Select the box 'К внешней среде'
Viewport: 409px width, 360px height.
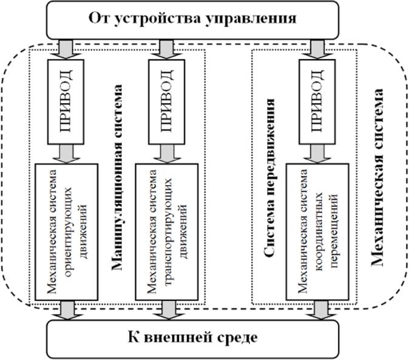(x=192, y=337)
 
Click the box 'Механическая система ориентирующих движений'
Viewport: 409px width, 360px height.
(x=64, y=231)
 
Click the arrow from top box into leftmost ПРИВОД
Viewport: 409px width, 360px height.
(x=64, y=48)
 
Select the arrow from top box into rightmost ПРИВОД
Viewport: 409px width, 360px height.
(x=316, y=48)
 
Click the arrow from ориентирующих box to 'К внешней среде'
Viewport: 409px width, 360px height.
(x=64, y=309)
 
